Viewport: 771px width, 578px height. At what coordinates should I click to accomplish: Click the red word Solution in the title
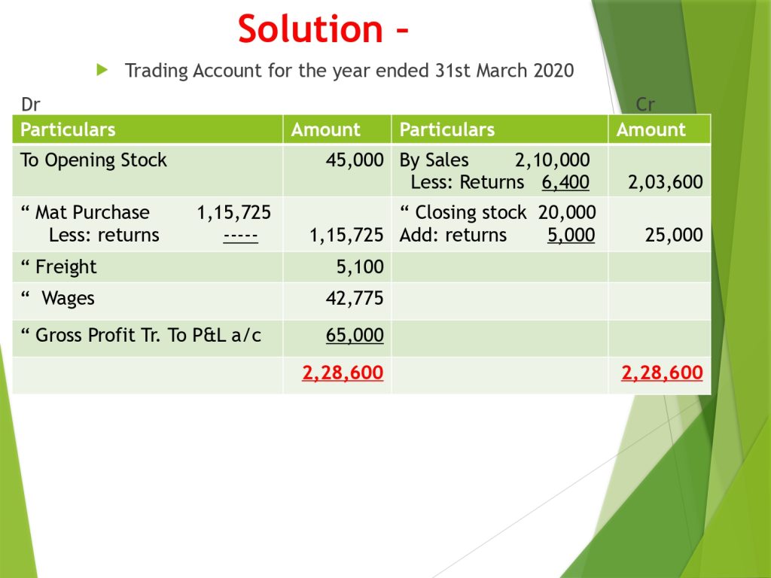pos(310,29)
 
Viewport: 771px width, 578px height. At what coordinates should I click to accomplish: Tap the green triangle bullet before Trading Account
pos(102,70)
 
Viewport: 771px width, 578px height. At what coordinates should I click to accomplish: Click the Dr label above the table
pos(30,104)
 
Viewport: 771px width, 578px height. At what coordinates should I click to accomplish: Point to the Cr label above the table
pos(645,104)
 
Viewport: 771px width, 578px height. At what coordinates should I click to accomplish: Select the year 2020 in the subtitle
pos(553,70)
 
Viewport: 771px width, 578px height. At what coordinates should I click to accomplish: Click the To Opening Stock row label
pos(93,160)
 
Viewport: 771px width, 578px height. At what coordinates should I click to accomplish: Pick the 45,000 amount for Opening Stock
pos(355,160)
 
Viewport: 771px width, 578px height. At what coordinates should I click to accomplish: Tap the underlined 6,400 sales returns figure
pos(565,182)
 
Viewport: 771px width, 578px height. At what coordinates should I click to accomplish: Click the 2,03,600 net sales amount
pos(666,182)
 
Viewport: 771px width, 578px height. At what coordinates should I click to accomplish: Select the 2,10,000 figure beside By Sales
pos(552,160)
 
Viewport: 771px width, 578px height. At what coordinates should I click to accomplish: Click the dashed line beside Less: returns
pos(240,236)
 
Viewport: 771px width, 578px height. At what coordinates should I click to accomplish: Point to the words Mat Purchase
pos(93,213)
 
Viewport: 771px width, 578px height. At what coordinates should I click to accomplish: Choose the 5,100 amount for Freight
pos(360,267)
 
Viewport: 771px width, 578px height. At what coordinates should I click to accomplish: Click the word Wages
pos(68,299)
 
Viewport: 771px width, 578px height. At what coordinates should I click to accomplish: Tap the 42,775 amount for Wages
pos(355,298)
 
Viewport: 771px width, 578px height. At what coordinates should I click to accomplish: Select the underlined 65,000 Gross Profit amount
pos(355,335)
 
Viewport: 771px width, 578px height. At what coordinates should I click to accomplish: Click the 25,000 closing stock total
pos(674,235)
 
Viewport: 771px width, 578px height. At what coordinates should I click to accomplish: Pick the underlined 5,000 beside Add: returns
pos(571,235)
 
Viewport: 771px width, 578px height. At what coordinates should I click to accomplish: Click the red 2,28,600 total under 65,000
pos(343,373)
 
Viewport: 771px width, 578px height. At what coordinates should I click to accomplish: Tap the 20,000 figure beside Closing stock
pos(567,213)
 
